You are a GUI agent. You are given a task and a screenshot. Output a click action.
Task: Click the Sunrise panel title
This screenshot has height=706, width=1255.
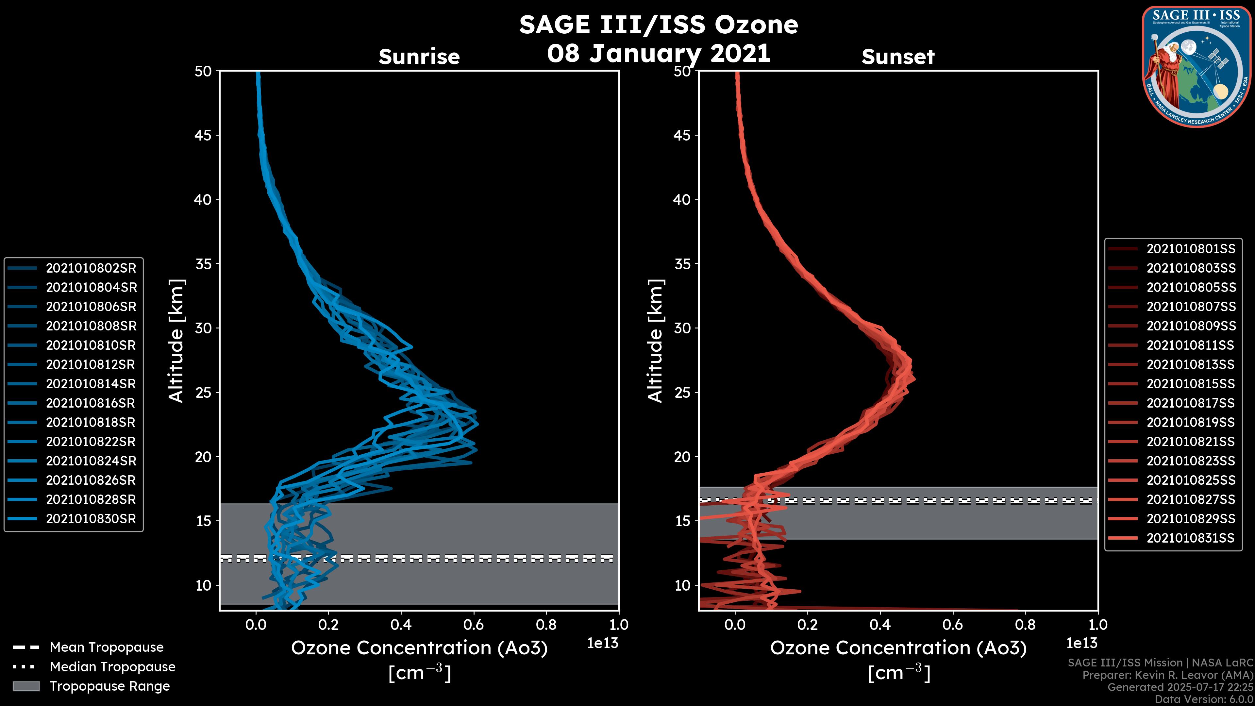pyautogui.click(x=419, y=57)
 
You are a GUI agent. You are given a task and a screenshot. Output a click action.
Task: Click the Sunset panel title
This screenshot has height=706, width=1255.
pyautogui.click(x=898, y=57)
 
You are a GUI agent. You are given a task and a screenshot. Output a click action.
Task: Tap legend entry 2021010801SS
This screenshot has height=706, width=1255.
pyautogui.click(x=1191, y=249)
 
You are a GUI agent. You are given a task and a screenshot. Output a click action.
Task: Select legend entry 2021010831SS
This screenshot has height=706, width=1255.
pyautogui.click(x=1191, y=538)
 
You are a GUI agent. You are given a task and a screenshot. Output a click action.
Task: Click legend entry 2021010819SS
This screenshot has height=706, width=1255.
pyautogui.click(x=1191, y=422)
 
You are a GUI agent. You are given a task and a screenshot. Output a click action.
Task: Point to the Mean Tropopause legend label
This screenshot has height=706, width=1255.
pyautogui.click(x=107, y=647)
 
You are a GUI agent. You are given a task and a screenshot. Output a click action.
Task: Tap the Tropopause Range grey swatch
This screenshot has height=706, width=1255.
pyautogui.click(x=26, y=686)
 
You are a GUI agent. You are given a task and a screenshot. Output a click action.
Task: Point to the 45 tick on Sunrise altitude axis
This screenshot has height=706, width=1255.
pyautogui.click(x=203, y=135)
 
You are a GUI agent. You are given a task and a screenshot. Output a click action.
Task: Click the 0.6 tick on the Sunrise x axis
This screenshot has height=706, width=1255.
pyautogui.click(x=474, y=625)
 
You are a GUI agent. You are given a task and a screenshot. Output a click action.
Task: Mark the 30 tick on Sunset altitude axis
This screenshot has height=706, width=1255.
pyautogui.click(x=682, y=328)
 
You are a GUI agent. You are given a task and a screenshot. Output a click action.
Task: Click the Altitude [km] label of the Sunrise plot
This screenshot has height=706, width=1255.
pyautogui.click(x=176, y=341)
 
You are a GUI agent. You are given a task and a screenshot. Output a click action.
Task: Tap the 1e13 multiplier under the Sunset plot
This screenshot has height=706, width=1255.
pyautogui.click(x=1081, y=643)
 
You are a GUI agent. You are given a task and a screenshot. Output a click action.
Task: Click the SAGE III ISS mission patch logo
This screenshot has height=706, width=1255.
pyautogui.click(x=1196, y=66)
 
